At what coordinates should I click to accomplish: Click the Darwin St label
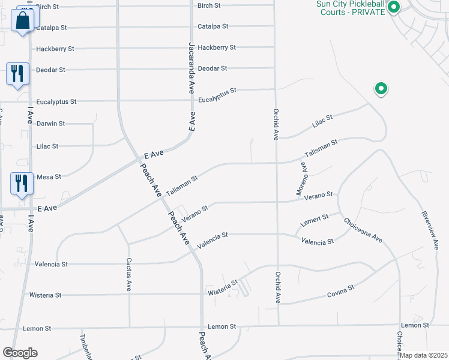pos(50,124)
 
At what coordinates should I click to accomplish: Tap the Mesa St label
pos(49,177)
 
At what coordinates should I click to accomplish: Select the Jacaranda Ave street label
pos(191,67)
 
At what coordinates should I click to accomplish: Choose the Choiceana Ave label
pos(363,230)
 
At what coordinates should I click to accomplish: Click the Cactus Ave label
pos(128,275)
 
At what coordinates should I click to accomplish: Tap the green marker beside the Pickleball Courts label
pos(394,8)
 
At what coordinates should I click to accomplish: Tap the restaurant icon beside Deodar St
pos(17,74)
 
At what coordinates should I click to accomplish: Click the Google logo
pos(20,353)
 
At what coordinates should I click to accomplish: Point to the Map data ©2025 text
pos(423,355)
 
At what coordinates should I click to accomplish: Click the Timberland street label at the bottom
pos(84,347)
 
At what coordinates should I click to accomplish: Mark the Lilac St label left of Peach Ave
pos(47,146)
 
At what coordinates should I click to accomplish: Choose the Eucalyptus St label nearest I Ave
pos(56,102)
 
